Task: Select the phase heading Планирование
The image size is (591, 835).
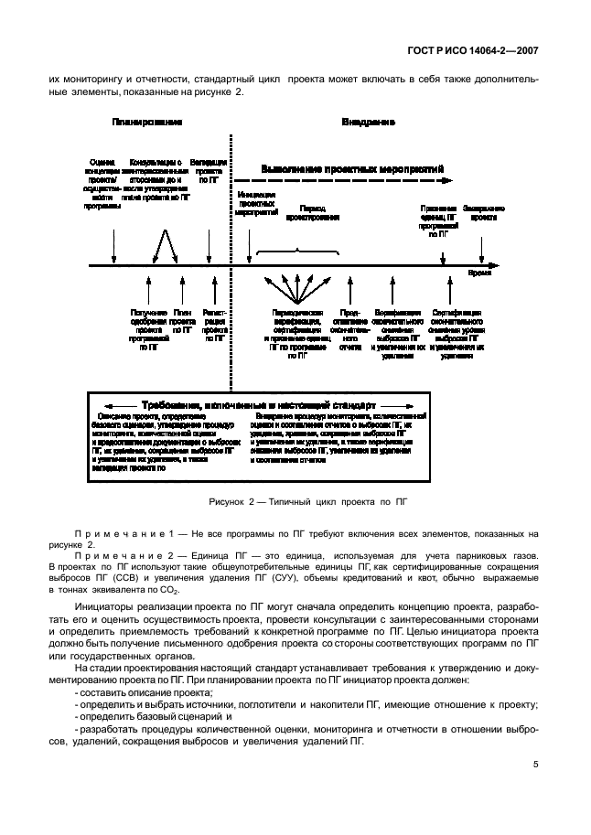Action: (146, 121)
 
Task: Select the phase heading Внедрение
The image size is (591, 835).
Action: (368, 121)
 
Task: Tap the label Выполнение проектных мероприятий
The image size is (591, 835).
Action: (352, 170)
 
